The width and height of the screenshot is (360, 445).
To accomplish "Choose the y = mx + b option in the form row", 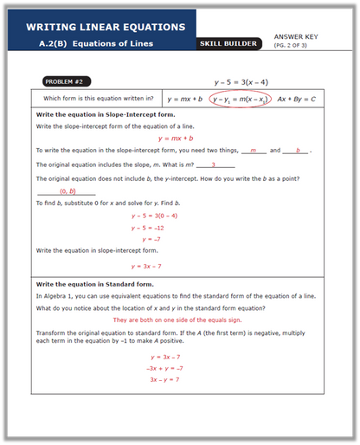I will (184, 100).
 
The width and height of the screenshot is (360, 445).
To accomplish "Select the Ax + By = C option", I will (297, 100).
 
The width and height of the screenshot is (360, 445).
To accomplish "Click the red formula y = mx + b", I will (175, 138).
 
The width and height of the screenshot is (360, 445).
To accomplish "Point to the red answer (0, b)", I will (67, 190).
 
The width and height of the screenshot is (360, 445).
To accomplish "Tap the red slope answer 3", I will (213, 164).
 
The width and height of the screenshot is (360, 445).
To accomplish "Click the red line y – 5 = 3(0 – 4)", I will (154, 215).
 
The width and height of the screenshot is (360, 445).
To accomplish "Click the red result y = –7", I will (146, 239).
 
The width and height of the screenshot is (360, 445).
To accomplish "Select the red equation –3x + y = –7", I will (164, 368).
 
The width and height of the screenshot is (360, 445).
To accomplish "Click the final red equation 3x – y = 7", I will (164, 379).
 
